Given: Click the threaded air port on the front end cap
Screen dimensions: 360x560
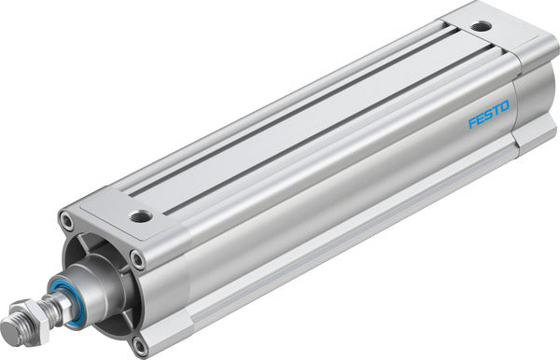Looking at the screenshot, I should [x=141, y=216].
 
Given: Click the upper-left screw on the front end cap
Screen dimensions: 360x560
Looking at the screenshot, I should [x=66, y=222].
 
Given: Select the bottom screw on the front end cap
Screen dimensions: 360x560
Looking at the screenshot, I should [x=140, y=344].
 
